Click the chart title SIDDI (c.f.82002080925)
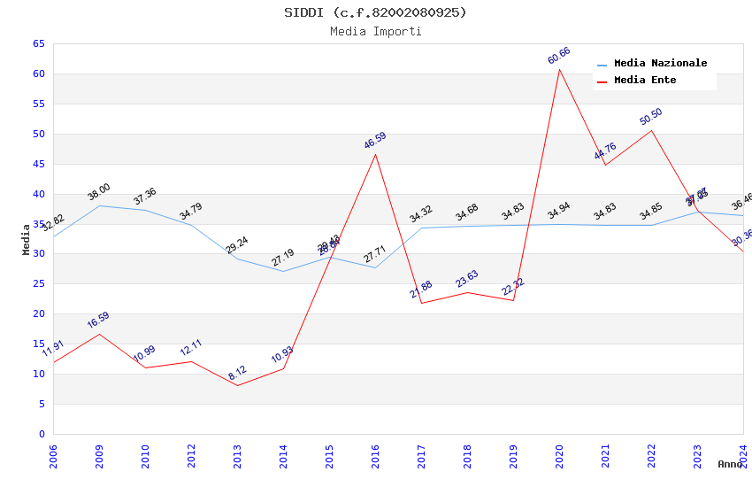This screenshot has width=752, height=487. [x=375, y=12]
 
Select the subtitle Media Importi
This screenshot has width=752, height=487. [x=375, y=31]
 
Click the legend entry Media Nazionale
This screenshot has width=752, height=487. [x=660, y=64]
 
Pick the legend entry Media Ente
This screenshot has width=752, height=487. [x=645, y=81]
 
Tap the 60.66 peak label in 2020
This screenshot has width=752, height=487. [x=558, y=56]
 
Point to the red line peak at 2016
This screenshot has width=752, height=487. [x=375, y=154]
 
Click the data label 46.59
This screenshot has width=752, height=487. [x=375, y=141]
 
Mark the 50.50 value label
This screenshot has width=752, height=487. [x=651, y=117]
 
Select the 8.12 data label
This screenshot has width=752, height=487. [x=237, y=373]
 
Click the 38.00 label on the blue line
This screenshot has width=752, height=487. [x=99, y=192]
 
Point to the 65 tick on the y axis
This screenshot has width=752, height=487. [x=38, y=43]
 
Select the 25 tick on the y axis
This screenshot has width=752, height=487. [x=38, y=284]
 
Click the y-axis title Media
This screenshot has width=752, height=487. [x=27, y=239]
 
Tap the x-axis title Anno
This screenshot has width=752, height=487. [x=730, y=464]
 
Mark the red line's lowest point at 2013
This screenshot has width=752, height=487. [x=237, y=385]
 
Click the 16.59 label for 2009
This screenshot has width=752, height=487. [x=98, y=321]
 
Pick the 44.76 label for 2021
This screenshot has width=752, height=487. [x=605, y=151]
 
